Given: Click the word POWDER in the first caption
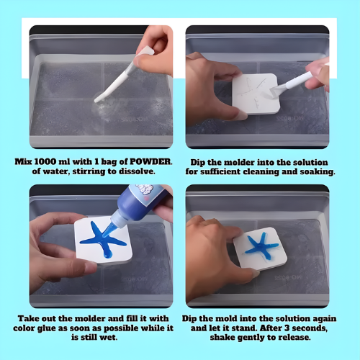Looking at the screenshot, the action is point(150,161).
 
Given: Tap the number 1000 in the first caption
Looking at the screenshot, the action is point(45,161).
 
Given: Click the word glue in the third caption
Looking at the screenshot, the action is point(47,328).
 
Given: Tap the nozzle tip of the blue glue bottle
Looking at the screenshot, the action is point(104,235).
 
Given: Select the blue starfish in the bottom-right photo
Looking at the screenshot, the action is point(261,246).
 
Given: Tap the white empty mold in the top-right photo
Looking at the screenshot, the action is point(256,94).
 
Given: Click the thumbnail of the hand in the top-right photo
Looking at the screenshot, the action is point(240,115).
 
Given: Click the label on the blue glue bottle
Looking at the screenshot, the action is point(148,194).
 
